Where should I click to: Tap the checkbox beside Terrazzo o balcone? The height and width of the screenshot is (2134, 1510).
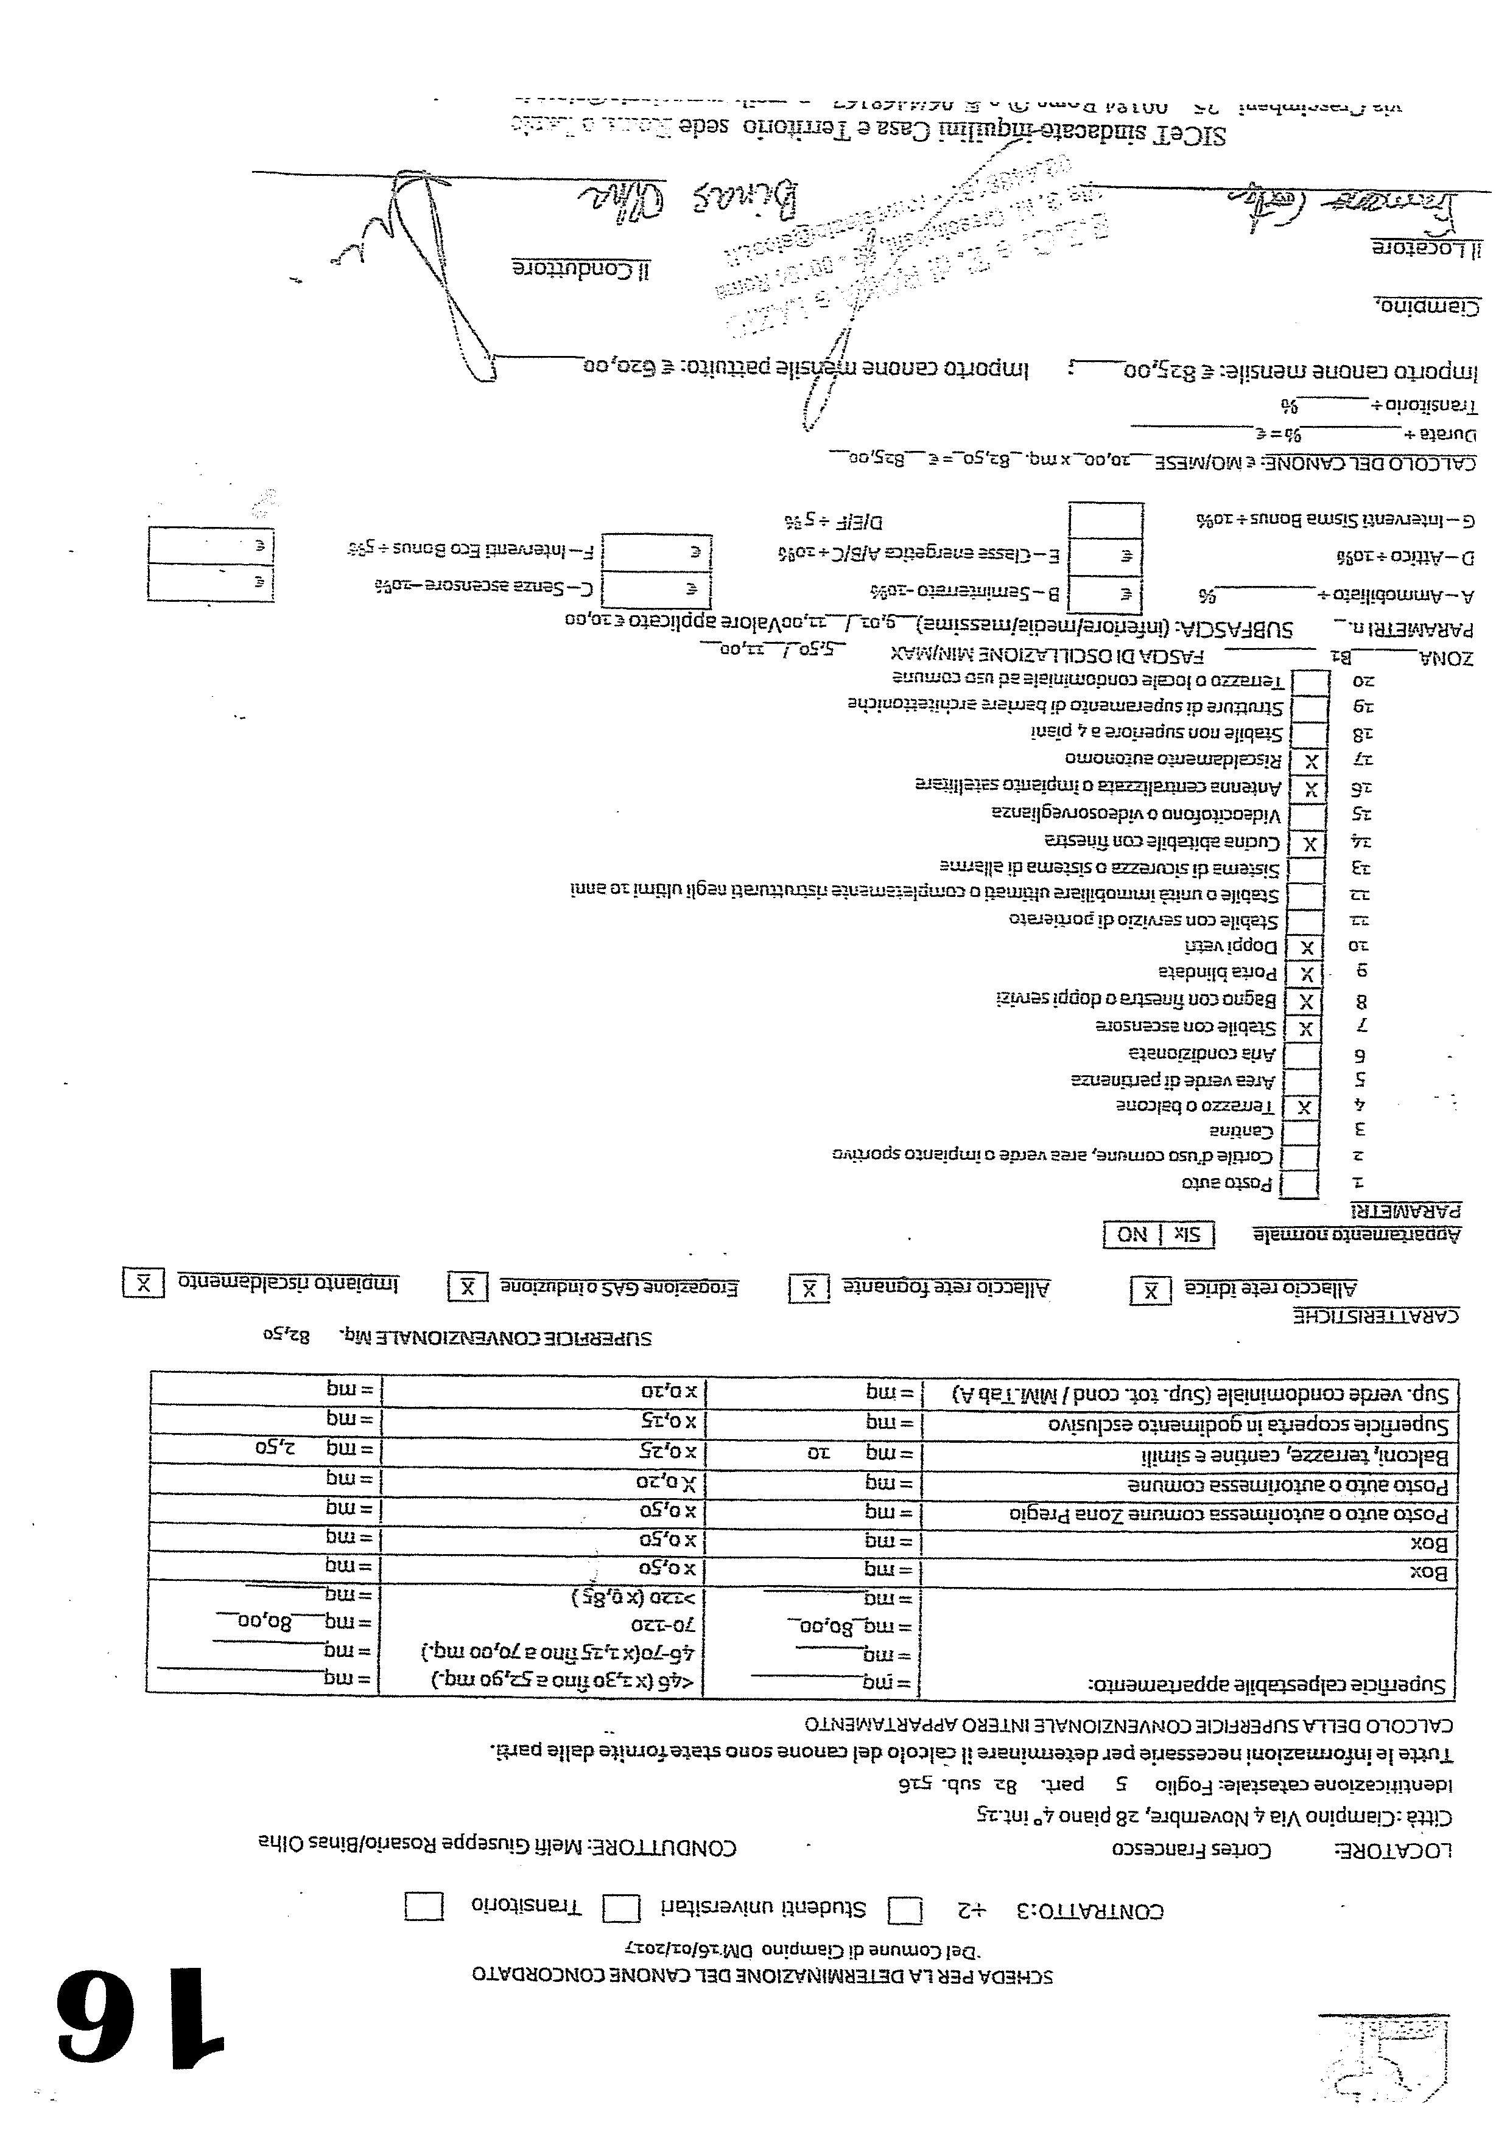click(x=1305, y=1106)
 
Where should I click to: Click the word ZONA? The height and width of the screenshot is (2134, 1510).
click(x=1446, y=658)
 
